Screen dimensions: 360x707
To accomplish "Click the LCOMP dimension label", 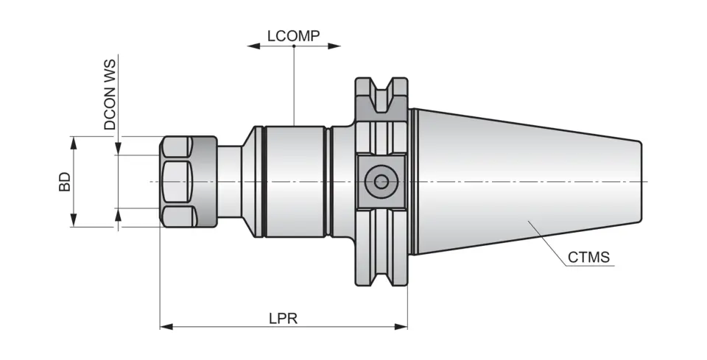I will point(294,35).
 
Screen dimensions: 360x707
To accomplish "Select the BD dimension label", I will point(65,182).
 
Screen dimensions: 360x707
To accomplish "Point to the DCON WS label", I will point(110,95).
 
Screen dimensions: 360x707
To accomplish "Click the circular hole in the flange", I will point(381,181).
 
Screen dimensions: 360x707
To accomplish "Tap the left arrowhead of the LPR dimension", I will point(165,325).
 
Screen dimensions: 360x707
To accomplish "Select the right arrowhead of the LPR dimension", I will point(402,325).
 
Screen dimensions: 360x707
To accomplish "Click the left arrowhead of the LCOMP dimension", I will point(253,46).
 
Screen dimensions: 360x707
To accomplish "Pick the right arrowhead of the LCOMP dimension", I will point(336,46).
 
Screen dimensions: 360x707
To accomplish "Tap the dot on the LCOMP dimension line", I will point(294,46).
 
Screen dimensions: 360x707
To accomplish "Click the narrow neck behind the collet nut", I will point(229,181).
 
